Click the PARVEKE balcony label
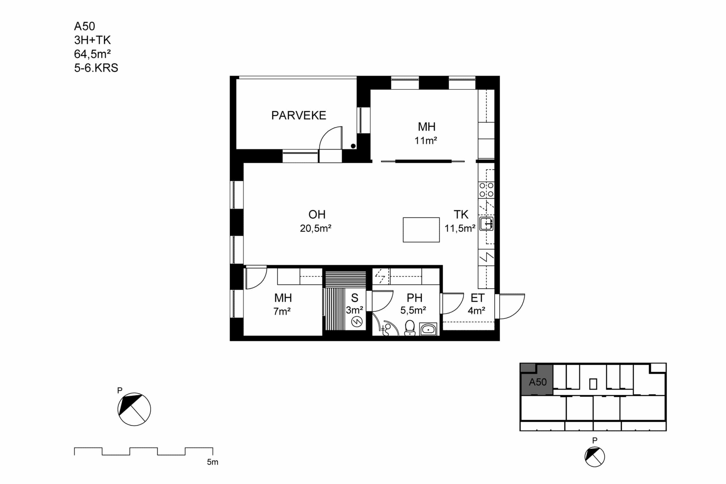click(299, 115)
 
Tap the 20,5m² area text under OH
click(315, 229)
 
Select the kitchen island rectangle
click(421, 230)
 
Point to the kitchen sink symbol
click(486, 224)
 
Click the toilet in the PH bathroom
click(410, 328)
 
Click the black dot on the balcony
click(353, 146)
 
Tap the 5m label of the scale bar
click(212, 462)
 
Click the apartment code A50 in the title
click(84, 27)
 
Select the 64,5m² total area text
click(92, 54)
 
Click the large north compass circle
click(134, 409)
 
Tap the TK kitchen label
click(461, 215)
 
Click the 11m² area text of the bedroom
click(426, 141)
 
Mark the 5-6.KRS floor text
click(96, 68)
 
